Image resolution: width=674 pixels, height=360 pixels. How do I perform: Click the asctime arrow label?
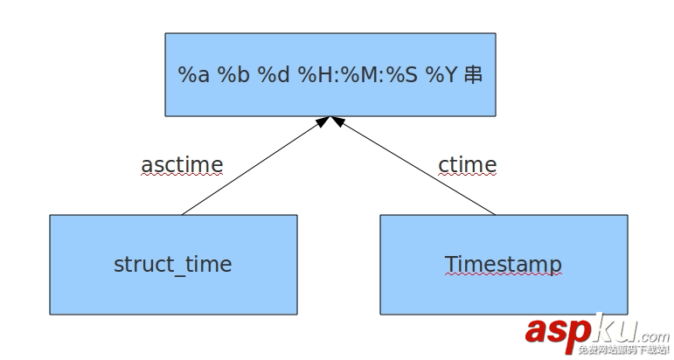[182, 164]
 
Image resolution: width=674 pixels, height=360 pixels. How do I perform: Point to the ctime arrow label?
[468, 164]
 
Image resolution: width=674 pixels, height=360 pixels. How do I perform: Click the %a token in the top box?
[194, 75]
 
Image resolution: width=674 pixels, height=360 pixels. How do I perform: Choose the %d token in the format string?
[273, 75]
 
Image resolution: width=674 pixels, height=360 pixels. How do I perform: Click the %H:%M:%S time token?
[358, 75]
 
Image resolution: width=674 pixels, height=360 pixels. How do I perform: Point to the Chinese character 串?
[473, 75]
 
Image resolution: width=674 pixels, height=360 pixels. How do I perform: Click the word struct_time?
[173, 264]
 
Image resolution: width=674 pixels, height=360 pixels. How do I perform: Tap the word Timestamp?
[503, 264]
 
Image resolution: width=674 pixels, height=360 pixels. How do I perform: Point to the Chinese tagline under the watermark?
[622, 350]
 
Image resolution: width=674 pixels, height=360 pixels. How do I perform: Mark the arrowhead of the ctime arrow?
[337, 121]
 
